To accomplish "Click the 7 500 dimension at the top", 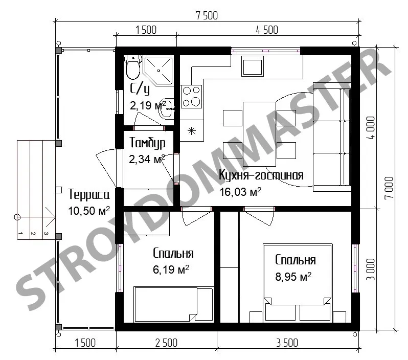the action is click(x=207, y=16).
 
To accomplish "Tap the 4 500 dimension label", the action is click(x=267, y=30).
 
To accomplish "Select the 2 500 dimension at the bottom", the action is click(x=166, y=343).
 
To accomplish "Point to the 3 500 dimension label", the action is click(x=287, y=343).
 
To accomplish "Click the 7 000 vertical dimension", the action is click(x=389, y=188).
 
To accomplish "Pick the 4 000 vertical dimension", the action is click(x=371, y=128).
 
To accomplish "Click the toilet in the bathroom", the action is click(x=133, y=67).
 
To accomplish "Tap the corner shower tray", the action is click(x=158, y=71).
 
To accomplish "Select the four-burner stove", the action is click(x=191, y=96).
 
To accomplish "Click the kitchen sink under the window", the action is click(x=253, y=66).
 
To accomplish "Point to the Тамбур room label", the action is click(x=147, y=143).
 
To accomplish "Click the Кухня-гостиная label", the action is click(x=261, y=175).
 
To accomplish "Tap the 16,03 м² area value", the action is click(x=240, y=192).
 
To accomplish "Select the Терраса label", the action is click(x=89, y=194).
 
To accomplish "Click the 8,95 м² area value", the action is click(x=293, y=277).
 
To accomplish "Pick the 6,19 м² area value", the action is click(x=171, y=269).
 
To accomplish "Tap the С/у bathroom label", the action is click(x=140, y=89).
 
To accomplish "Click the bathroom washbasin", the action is click(x=166, y=108).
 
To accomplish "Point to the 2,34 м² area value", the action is click(x=147, y=159).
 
